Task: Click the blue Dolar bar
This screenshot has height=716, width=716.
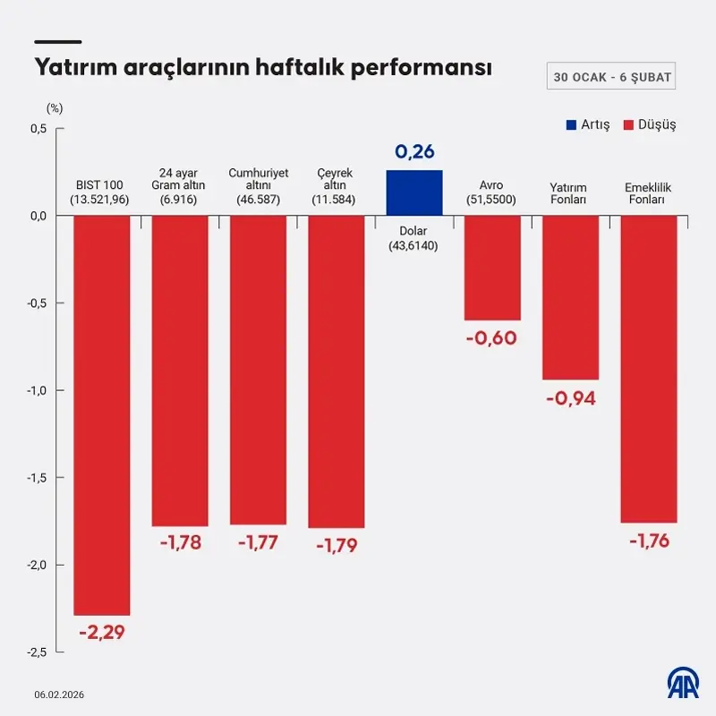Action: (414, 192)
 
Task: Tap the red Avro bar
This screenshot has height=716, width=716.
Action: (492, 268)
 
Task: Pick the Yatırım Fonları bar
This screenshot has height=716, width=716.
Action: (571, 297)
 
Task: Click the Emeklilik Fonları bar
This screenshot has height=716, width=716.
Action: (649, 368)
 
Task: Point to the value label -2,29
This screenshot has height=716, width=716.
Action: (102, 633)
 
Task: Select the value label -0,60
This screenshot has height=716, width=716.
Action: (492, 338)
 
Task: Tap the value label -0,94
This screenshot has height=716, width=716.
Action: (571, 398)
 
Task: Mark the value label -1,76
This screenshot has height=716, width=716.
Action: (649, 541)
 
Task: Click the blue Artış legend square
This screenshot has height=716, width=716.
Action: (571, 124)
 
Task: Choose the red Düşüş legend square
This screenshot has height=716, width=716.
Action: (628, 124)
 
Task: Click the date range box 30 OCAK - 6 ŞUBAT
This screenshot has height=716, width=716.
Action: (612, 77)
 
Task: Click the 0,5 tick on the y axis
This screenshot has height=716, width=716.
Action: (38, 129)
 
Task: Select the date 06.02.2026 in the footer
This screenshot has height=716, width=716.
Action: (60, 695)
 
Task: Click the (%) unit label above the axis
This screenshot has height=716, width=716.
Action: (55, 108)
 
